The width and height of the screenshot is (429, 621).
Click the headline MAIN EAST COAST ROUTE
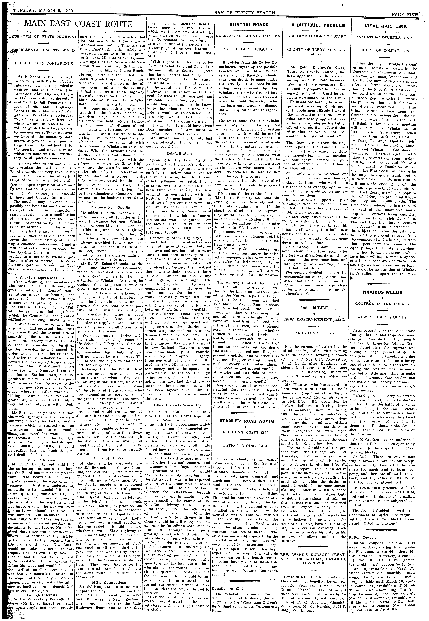78,24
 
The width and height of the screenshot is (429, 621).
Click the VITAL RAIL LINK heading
386,26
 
